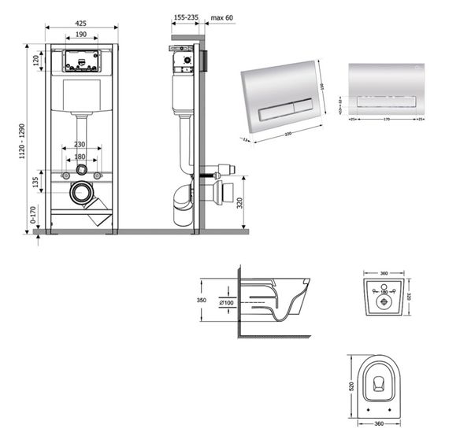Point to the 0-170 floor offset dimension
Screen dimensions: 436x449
(32, 215)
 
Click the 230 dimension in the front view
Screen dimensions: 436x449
(81, 144)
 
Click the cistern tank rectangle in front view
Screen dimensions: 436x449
(82, 95)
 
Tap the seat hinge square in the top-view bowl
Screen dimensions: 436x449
(380, 384)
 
